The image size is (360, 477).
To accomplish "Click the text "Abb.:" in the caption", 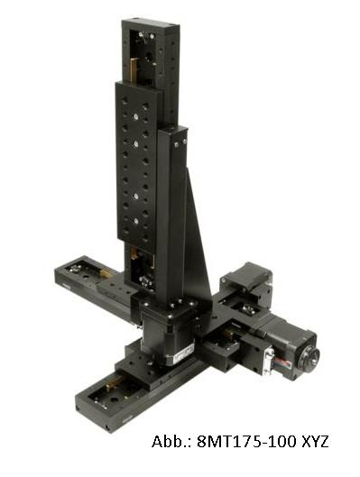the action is coord(171,442).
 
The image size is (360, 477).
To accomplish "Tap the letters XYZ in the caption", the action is coord(315,442).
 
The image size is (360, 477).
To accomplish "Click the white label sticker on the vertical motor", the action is coord(181,354).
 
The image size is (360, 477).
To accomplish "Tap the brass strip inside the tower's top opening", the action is coord(133,70).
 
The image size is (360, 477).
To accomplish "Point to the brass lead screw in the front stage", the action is coord(113,381).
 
